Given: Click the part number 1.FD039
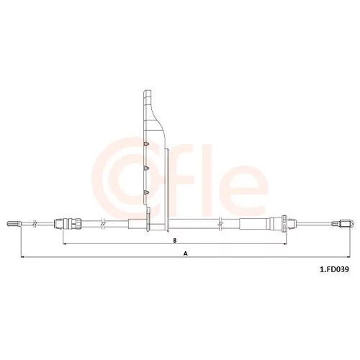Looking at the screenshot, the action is point(334,269).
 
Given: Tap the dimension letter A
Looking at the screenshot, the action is point(185,253).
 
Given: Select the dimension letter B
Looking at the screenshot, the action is point(175,240).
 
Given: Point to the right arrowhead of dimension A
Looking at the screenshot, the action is point(348,257).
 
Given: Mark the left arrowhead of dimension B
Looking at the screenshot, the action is point(64,244).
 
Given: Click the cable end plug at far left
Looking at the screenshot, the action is point(14,224).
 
